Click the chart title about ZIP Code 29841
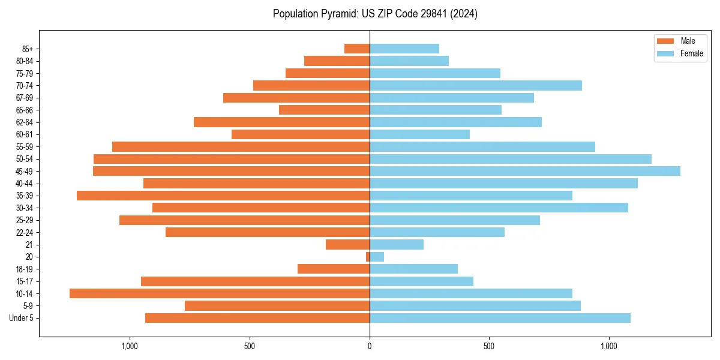pyautogui.click(x=375, y=14)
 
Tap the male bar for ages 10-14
pyautogui.click(x=220, y=293)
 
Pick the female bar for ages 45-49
pyautogui.click(x=525, y=171)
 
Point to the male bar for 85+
pyautogui.click(x=357, y=49)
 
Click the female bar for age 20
pyautogui.click(x=377, y=257)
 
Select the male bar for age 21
pyautogui.click(x=348, y=244)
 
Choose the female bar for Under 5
pyautogui.click(x=500, y=318)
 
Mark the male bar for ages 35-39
pyautogui.click(x=223, y=196)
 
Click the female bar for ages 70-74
pyautogui.click(x=476, y=85)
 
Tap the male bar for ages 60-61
pyautogui.click(x=301, y=134)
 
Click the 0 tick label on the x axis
pyautogui.click(x=370, y=346)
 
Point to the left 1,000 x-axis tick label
pyautogui.click(x=130, y=346)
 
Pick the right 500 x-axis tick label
pyautogui.click(x=489, y=346)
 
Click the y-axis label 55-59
pyautogui.click(x=25, y=147)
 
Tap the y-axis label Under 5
pyautogui.click(x=22, y=318)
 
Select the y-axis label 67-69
pyautogui.click(x=25, y=98)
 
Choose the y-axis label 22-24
pyautogui.click(x=25, y=232)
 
